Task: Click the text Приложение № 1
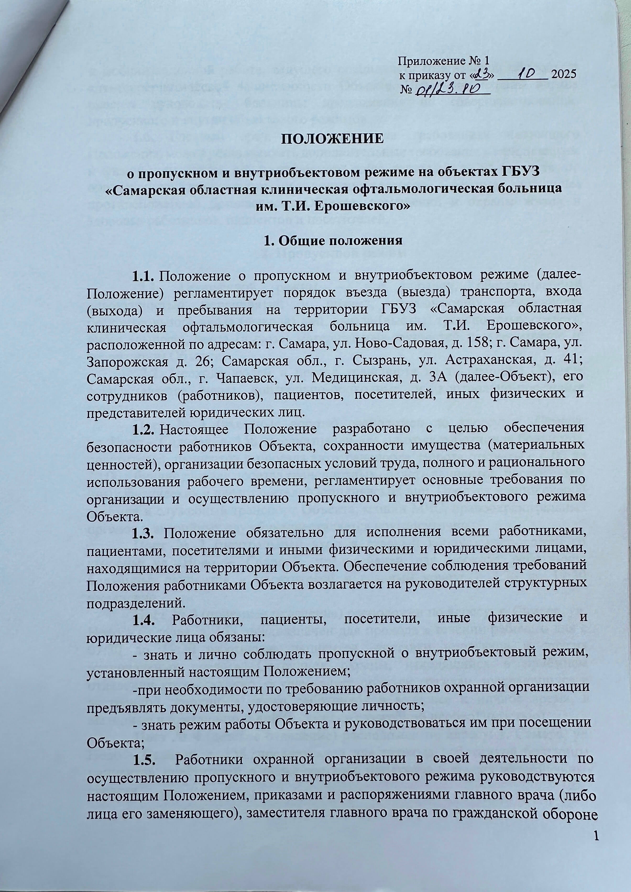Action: point(443,61)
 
